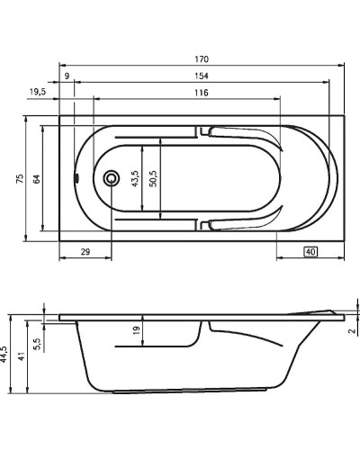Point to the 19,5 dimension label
tap(38, 93)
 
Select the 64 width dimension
tap(37, 179)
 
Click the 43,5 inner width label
tap(135, 179)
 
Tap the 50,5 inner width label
tap(153, 179)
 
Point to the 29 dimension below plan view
tap(85, 253)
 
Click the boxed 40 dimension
tap(310, 252)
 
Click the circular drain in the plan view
tap(112, 178)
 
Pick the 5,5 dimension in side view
tap(37, 343)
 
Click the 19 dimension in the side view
tap(136, 332)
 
